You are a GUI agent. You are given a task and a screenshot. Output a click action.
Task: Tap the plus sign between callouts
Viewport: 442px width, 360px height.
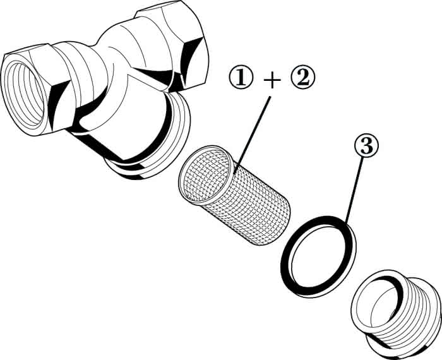272,80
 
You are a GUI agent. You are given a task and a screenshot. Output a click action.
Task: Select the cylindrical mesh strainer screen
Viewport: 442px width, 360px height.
234,195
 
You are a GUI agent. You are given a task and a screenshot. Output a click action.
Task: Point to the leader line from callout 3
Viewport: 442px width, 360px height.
354,189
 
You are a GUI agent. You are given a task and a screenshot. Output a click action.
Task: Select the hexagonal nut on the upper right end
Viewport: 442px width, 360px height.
175,42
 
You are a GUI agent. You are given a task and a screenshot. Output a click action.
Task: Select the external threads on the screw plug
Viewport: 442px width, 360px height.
414,316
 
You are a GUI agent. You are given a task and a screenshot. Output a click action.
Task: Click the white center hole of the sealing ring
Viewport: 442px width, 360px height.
318,257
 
